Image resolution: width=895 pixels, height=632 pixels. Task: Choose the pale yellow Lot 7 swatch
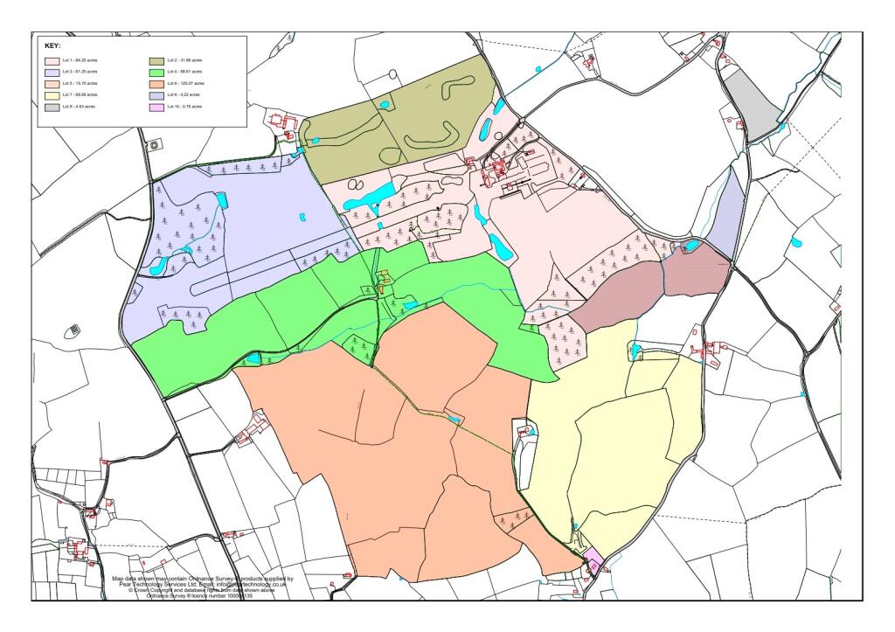52,94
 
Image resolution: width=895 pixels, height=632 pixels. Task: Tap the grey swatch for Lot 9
52,106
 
